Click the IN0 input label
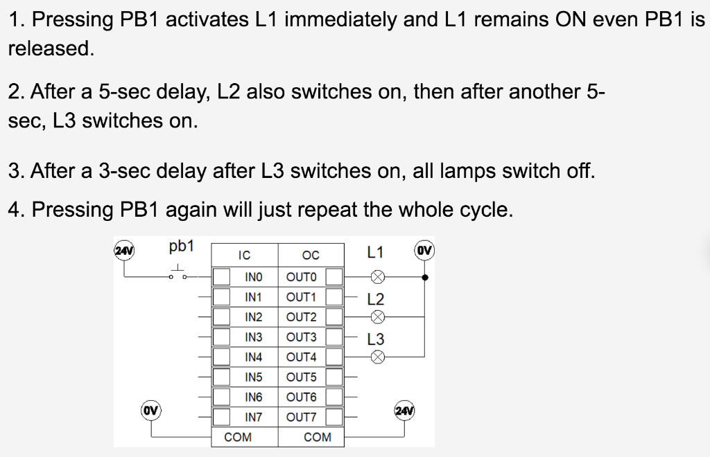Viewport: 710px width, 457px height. [254, 277]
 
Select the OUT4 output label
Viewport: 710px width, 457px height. [301, 357]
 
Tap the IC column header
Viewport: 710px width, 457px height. [244, 256]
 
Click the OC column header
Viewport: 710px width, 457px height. [311, 256]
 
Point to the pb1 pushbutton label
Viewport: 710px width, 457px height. [182, 247]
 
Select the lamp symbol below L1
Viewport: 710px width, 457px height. [376, 277]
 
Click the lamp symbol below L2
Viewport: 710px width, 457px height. [376, 317]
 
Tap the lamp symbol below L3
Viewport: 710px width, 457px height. [376, 357]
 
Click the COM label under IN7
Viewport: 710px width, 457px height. [238, 438]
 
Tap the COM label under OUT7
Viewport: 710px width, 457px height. [318, 438]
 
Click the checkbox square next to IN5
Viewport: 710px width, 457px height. [221, 377]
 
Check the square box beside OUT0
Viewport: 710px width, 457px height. [334, 277]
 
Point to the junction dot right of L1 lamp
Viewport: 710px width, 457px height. [424, 277]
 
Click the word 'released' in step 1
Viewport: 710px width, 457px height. [50, 49]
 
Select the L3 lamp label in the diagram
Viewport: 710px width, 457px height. [376, 340]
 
